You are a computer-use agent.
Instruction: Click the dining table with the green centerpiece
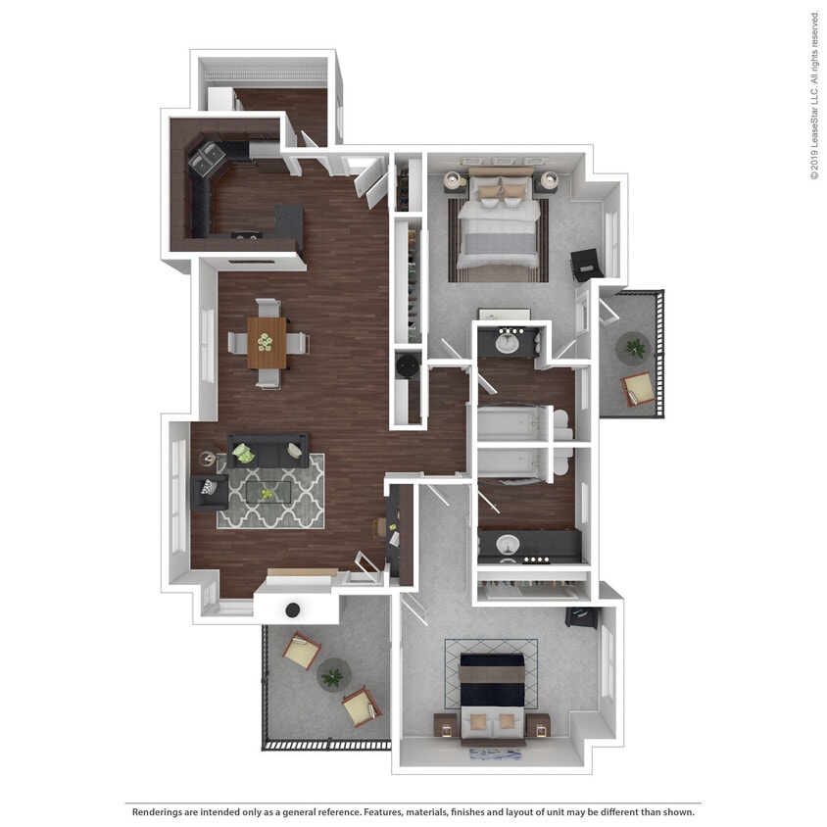click(x=267, y=342)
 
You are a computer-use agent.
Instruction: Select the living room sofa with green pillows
click(x=268, y=452)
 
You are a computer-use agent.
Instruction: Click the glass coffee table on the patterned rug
click(x=268, y=492)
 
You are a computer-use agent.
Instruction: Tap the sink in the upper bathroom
click(x=509, y=343)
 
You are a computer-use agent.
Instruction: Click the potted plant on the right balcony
click(x=635, y=346)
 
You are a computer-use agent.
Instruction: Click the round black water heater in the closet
click(x=408, y=365)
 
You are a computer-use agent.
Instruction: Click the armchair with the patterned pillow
click(x=209, y=490)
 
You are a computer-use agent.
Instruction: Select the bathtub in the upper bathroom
click(x=511, y=425)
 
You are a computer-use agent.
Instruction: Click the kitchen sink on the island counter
click(x=245, y=234)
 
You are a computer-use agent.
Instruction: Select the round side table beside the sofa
click(x=207, y=459)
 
